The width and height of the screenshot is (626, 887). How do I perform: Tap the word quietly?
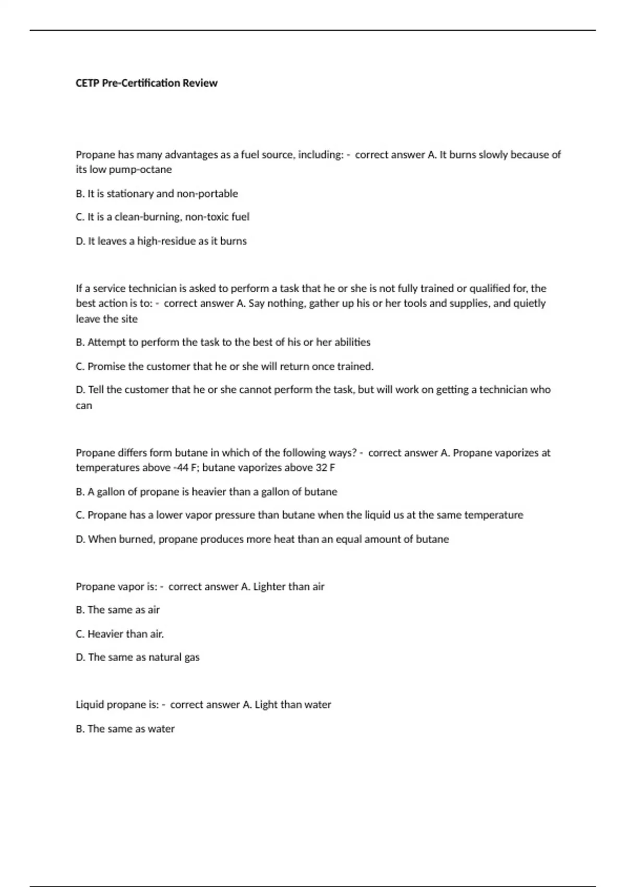530,303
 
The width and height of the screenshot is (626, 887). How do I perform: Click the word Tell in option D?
96,390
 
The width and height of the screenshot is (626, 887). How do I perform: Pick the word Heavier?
105,634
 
